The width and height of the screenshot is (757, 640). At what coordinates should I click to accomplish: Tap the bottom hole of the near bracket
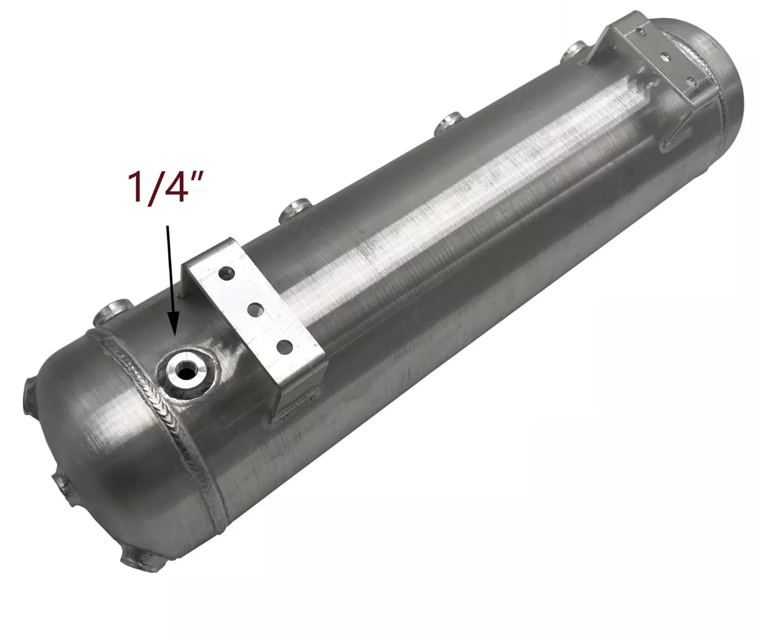pyautogui.click(x=284, y=346)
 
